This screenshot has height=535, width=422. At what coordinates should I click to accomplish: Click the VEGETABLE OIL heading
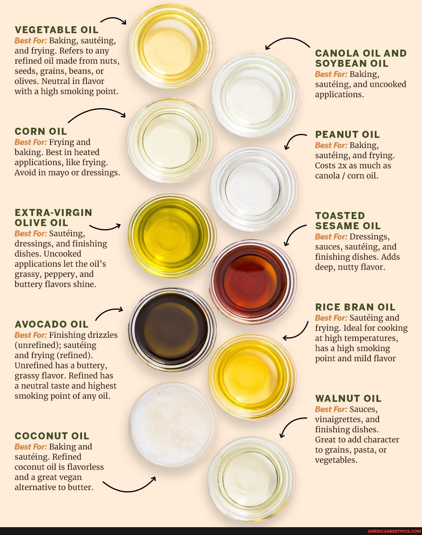coord(57,30)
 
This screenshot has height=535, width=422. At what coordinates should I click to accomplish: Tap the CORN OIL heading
coord(41,131)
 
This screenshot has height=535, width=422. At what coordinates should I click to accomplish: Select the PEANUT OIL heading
coord(347,134)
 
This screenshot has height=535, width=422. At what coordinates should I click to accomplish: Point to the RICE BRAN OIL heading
coord(355,307)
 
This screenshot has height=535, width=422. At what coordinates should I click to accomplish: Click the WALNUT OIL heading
coord(348,398)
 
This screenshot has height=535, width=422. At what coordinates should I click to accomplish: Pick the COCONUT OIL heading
coord(52,436)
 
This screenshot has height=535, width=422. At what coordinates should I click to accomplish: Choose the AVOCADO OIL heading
coord(52,324)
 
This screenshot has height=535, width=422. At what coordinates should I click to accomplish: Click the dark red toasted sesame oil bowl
coord(253,282)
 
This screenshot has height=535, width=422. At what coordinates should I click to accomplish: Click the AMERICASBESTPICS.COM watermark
coord(394,531)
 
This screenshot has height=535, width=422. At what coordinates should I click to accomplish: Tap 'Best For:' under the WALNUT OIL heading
coord(331,409)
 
